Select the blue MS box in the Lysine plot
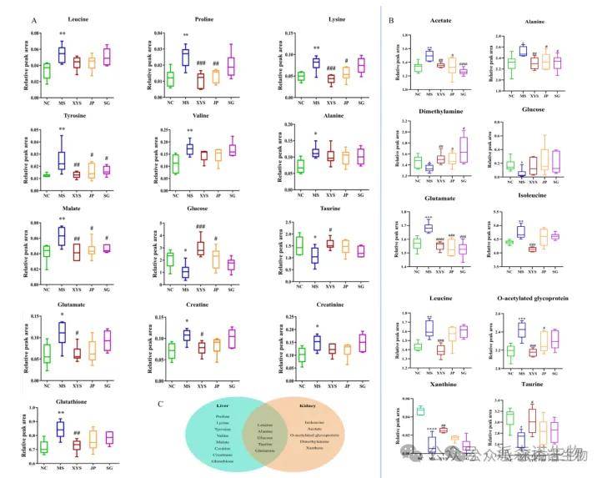point(315,63)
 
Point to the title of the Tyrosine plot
point(50,118)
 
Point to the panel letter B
point(391,18)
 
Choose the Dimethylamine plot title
point(434,110)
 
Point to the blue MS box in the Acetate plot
point(429,56)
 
